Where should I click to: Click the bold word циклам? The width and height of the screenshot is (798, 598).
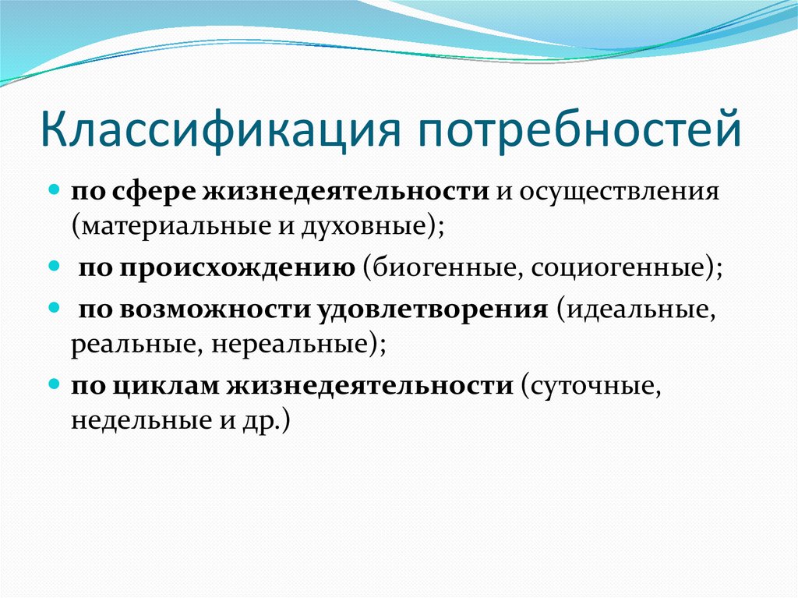point(168,386)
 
